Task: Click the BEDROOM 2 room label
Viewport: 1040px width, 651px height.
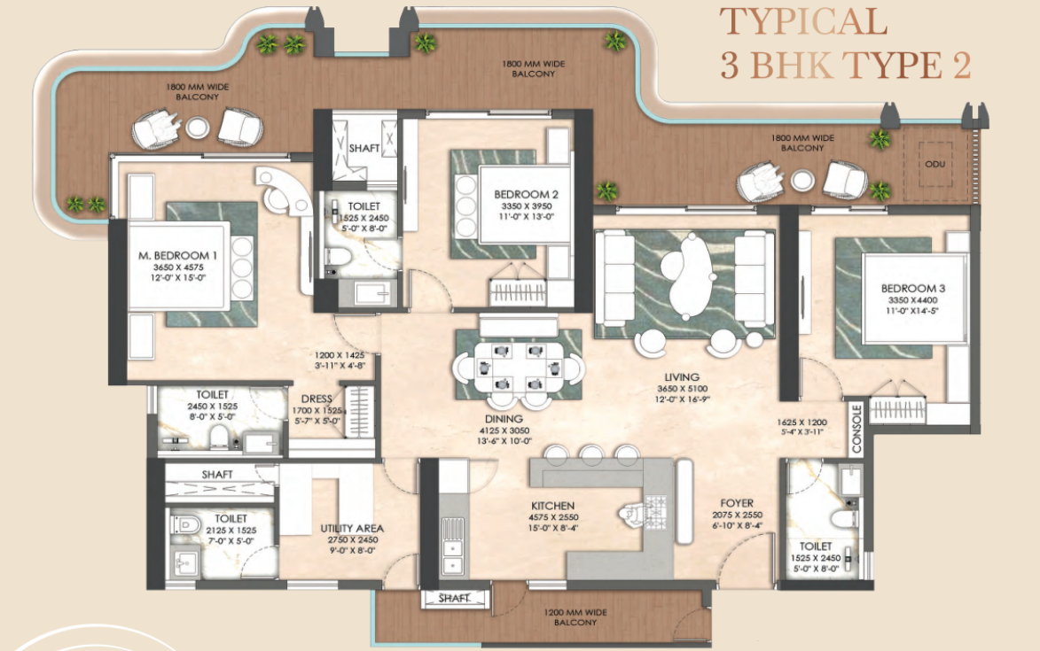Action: [x=526, y=195]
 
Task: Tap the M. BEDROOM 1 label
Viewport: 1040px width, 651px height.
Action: [x=177, y=256]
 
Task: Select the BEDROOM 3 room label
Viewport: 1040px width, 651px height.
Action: [x=913, y=289]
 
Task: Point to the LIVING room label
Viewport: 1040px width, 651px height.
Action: [x=682, y=377]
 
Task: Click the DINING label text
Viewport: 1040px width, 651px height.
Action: [x=504, y=419]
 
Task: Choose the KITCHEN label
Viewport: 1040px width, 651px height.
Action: [x=552, y=506]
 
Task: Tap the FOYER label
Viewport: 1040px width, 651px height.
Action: [x=737, y=503]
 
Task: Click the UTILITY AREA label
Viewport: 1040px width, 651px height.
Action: [x=352, y=529]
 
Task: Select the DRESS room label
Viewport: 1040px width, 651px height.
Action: [x=317, y=399]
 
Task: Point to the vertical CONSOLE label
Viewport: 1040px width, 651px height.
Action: [x=856, y=430]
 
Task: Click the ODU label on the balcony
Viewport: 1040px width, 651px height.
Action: [x=935, y=164]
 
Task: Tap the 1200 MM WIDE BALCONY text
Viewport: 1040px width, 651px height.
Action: [x=575, y=617]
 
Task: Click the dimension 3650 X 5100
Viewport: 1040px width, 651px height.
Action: [x=683, y=389]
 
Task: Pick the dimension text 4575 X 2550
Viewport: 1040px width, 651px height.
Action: [x=554, y=517]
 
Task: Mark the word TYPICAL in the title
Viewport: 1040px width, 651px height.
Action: [x=804, y=21]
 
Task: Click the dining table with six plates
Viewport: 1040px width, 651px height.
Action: [x=518, y=367]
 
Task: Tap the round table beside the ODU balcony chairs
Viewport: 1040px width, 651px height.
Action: [x=802, y=180]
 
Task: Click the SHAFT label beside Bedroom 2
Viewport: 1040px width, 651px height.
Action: [x=364, y=148]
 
